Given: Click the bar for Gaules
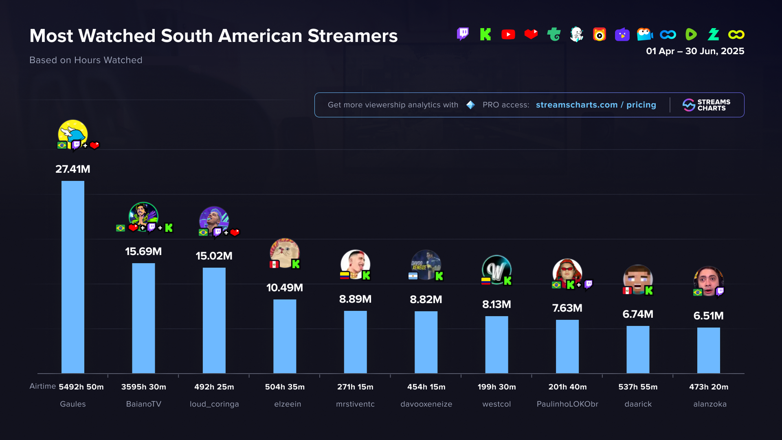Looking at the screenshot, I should point(73,277).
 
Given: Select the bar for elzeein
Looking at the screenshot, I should point(285,336).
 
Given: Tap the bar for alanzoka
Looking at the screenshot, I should point(708,350).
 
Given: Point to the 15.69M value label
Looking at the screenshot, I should point(143,251).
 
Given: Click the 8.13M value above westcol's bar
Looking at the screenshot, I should point(496,304).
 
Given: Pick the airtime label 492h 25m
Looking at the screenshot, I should point(214,387).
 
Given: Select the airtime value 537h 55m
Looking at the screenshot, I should point(638,387).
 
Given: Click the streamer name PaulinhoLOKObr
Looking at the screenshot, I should point(567,404).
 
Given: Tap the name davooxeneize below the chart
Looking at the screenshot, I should point(426,404).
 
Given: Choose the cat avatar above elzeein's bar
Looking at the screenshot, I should point(285,253).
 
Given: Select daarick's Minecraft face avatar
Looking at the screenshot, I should point(638,279).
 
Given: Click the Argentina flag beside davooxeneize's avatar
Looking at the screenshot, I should point(413,276).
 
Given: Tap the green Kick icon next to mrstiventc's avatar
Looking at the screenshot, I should point(366,275).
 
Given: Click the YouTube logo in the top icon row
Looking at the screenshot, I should point(508,35).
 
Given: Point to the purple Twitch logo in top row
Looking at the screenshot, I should point(463,34).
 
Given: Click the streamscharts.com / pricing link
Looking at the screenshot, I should point(596,105).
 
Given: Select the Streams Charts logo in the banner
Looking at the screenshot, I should point(707,105).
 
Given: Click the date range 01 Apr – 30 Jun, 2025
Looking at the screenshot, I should point(695,51).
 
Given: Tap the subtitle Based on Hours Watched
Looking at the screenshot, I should point(86,60).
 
